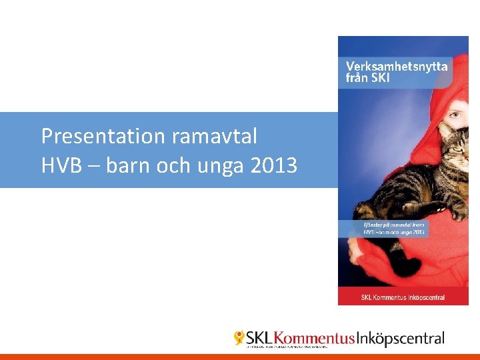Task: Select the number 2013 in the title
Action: [x=274, y=165]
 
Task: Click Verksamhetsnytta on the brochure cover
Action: [x=396, y=66]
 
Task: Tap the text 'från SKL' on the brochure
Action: [x=367, y=77]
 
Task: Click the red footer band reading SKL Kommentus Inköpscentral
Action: [x=403, y=297]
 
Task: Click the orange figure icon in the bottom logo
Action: [x=239, y=338]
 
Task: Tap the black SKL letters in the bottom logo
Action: [x=259, y=338]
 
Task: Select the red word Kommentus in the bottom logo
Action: [x=314, y=338]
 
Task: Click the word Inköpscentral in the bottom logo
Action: [x=400, y=339]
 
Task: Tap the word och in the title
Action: [x=174, y=165]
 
